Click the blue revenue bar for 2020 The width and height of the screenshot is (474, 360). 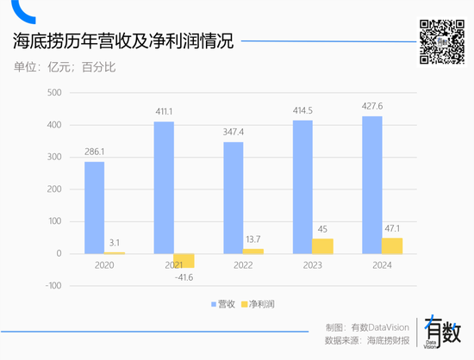pos(95,208)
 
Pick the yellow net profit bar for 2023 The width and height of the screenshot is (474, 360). pos(322,246)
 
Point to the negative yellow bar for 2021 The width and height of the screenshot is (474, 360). pos(184,260)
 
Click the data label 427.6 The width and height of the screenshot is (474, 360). pos(372,108)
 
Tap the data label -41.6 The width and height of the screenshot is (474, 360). pos(183,277)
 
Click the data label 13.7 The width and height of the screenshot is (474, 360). pos(253,239)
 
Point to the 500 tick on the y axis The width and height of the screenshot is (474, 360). pos(53,93)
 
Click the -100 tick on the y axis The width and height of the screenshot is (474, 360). pos(53,286)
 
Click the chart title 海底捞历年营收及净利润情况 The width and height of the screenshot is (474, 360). pos(122,40)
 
